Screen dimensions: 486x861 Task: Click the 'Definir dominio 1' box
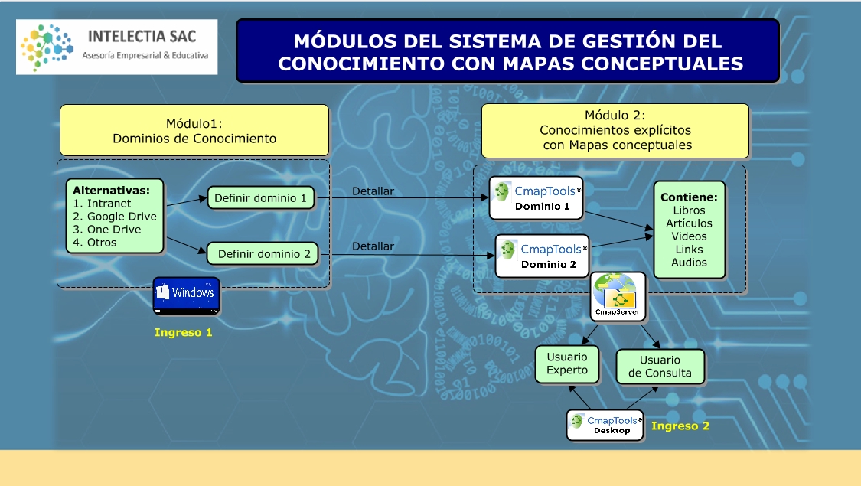[x=261, y=198]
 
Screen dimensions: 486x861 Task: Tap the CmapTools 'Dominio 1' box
[x=536, y=198]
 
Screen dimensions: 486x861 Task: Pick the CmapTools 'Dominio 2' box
[x=542, y=256]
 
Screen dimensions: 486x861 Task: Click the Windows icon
[x=186, y=295]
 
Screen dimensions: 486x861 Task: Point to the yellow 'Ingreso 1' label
[x=183, y=332]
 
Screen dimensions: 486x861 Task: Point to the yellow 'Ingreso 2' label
[x=680, y=426]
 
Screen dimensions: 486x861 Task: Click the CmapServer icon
[x=619, y=298]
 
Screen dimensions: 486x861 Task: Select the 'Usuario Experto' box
[x=567, y=364]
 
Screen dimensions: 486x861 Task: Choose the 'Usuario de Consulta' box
[x=660, y=367]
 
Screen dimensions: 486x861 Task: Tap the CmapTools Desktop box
[x=605, y=425]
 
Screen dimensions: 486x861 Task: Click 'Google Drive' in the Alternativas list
[x=122, y=217]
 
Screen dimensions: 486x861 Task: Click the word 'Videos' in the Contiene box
[x=689, y=236]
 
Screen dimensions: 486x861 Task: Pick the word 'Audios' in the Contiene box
[x=689, y=263]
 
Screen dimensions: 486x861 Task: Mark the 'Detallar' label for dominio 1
[x=373, y=191]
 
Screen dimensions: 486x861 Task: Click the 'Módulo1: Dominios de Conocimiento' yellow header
[x=194, y=131]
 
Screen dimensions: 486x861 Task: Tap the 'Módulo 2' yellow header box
[x=615, y=130]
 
